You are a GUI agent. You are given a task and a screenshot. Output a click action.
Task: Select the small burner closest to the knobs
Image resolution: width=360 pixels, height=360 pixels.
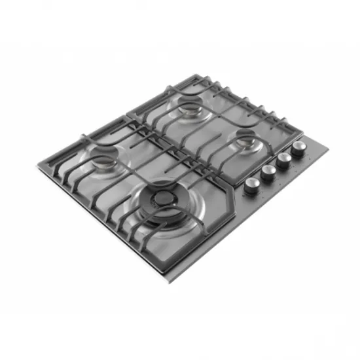[247, 139]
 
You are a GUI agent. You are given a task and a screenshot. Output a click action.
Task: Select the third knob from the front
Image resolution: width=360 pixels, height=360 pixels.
[283, 159]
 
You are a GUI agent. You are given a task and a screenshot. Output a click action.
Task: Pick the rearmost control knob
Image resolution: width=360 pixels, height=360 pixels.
[299, 147]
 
